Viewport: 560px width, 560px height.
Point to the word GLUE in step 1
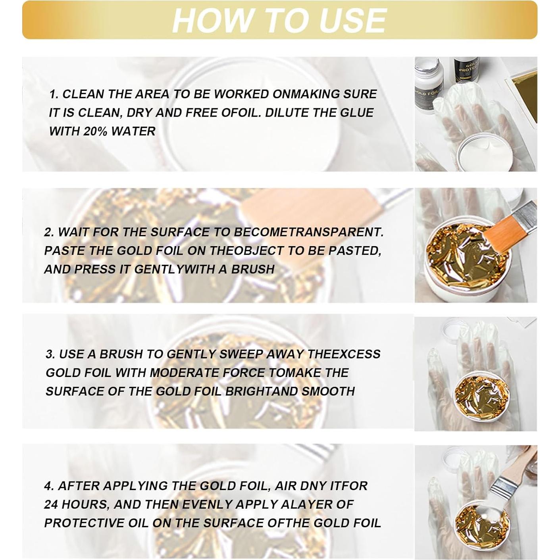tap(356, 113)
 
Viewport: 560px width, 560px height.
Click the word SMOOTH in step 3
tap(328, 391)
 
